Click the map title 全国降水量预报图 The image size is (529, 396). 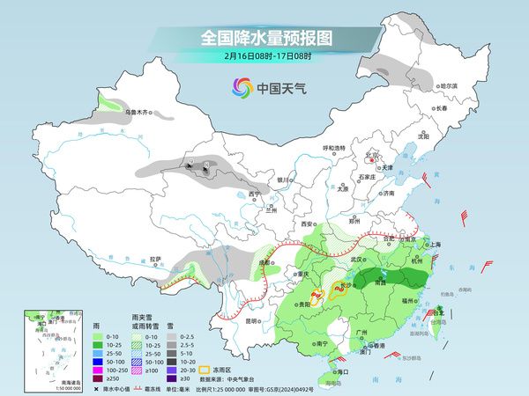pos(264,38)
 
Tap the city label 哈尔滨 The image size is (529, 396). pos(449,85)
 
